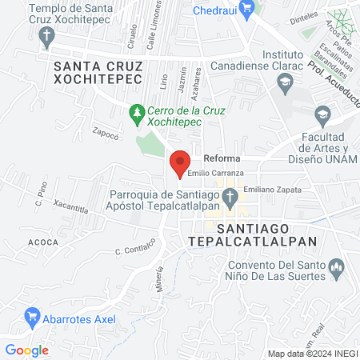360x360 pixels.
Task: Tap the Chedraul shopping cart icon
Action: tap(248, 10)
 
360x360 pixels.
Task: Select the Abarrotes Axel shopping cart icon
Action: tap(33, 316)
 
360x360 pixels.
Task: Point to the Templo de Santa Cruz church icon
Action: tap(48, 35)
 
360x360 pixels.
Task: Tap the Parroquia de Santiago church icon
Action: tap(230, 196)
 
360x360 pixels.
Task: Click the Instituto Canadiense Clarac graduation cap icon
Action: tap(283, 81)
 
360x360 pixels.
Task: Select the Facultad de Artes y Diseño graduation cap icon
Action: tap(322, 114)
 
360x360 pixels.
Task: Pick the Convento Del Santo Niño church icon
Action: tap(335, 266)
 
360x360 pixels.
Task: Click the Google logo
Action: tap(26, 350)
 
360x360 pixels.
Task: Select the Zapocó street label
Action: tap(105, 134)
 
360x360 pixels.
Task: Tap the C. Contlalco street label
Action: tap(134, 250)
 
